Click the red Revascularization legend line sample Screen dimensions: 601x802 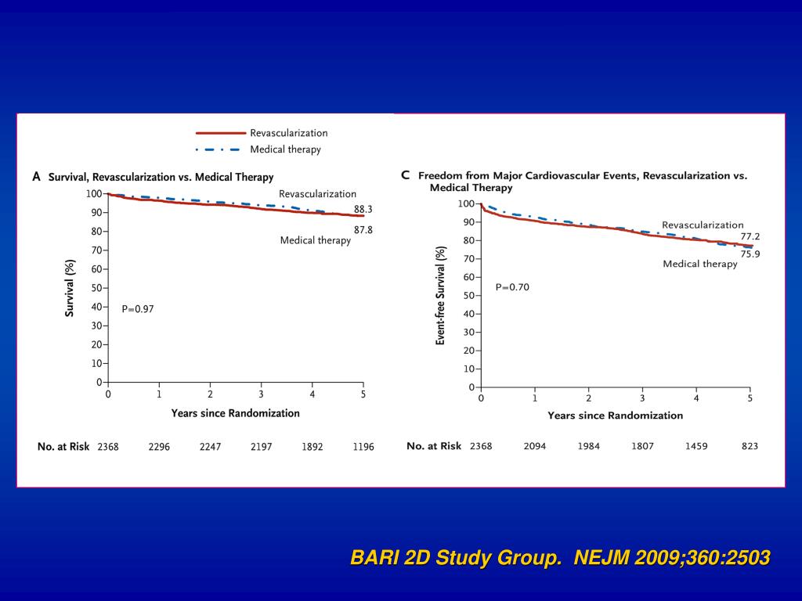pos(220,133)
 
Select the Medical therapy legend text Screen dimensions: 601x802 pos(285,149)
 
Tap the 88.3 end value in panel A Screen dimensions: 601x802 pos(363,209)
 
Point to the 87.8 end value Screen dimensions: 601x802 pos(363,230)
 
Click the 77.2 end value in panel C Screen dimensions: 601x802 pos(750,236)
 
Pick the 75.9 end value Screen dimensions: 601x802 pos(750,254)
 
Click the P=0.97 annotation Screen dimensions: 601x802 pos(138,309)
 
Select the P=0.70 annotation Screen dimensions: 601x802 pos(512,287)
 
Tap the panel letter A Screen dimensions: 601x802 pos(36,177)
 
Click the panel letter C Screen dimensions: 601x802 pos(406,175)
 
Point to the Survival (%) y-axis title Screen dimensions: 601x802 pos(70,288)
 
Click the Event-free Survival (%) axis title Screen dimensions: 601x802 pos(441,294)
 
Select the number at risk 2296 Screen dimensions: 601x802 pos(159,447)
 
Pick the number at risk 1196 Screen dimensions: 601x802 pos(363,447)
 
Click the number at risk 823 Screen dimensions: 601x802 pos(750,446)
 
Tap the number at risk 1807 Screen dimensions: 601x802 pos(642,446)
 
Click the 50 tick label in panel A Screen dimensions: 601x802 pos(96,288)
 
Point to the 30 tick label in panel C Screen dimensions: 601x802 pos(468,332)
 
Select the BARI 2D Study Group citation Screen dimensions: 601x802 pos(560,558)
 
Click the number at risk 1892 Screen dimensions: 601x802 pos(312,447)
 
